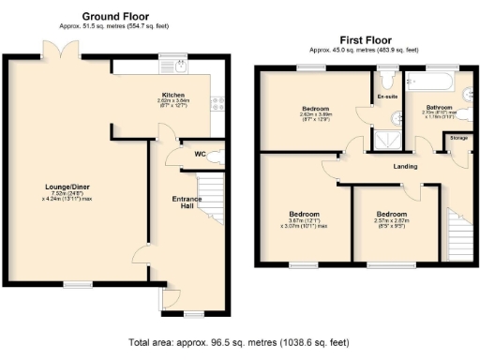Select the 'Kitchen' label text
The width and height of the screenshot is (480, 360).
(173, 95)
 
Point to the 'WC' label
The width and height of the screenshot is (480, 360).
(200, 155)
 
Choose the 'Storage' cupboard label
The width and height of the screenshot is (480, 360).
(458, 138)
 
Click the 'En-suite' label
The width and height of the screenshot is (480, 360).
(386, 97)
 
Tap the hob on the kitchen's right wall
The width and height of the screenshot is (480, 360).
(218, 103)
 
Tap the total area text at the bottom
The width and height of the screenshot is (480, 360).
(240, 343)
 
